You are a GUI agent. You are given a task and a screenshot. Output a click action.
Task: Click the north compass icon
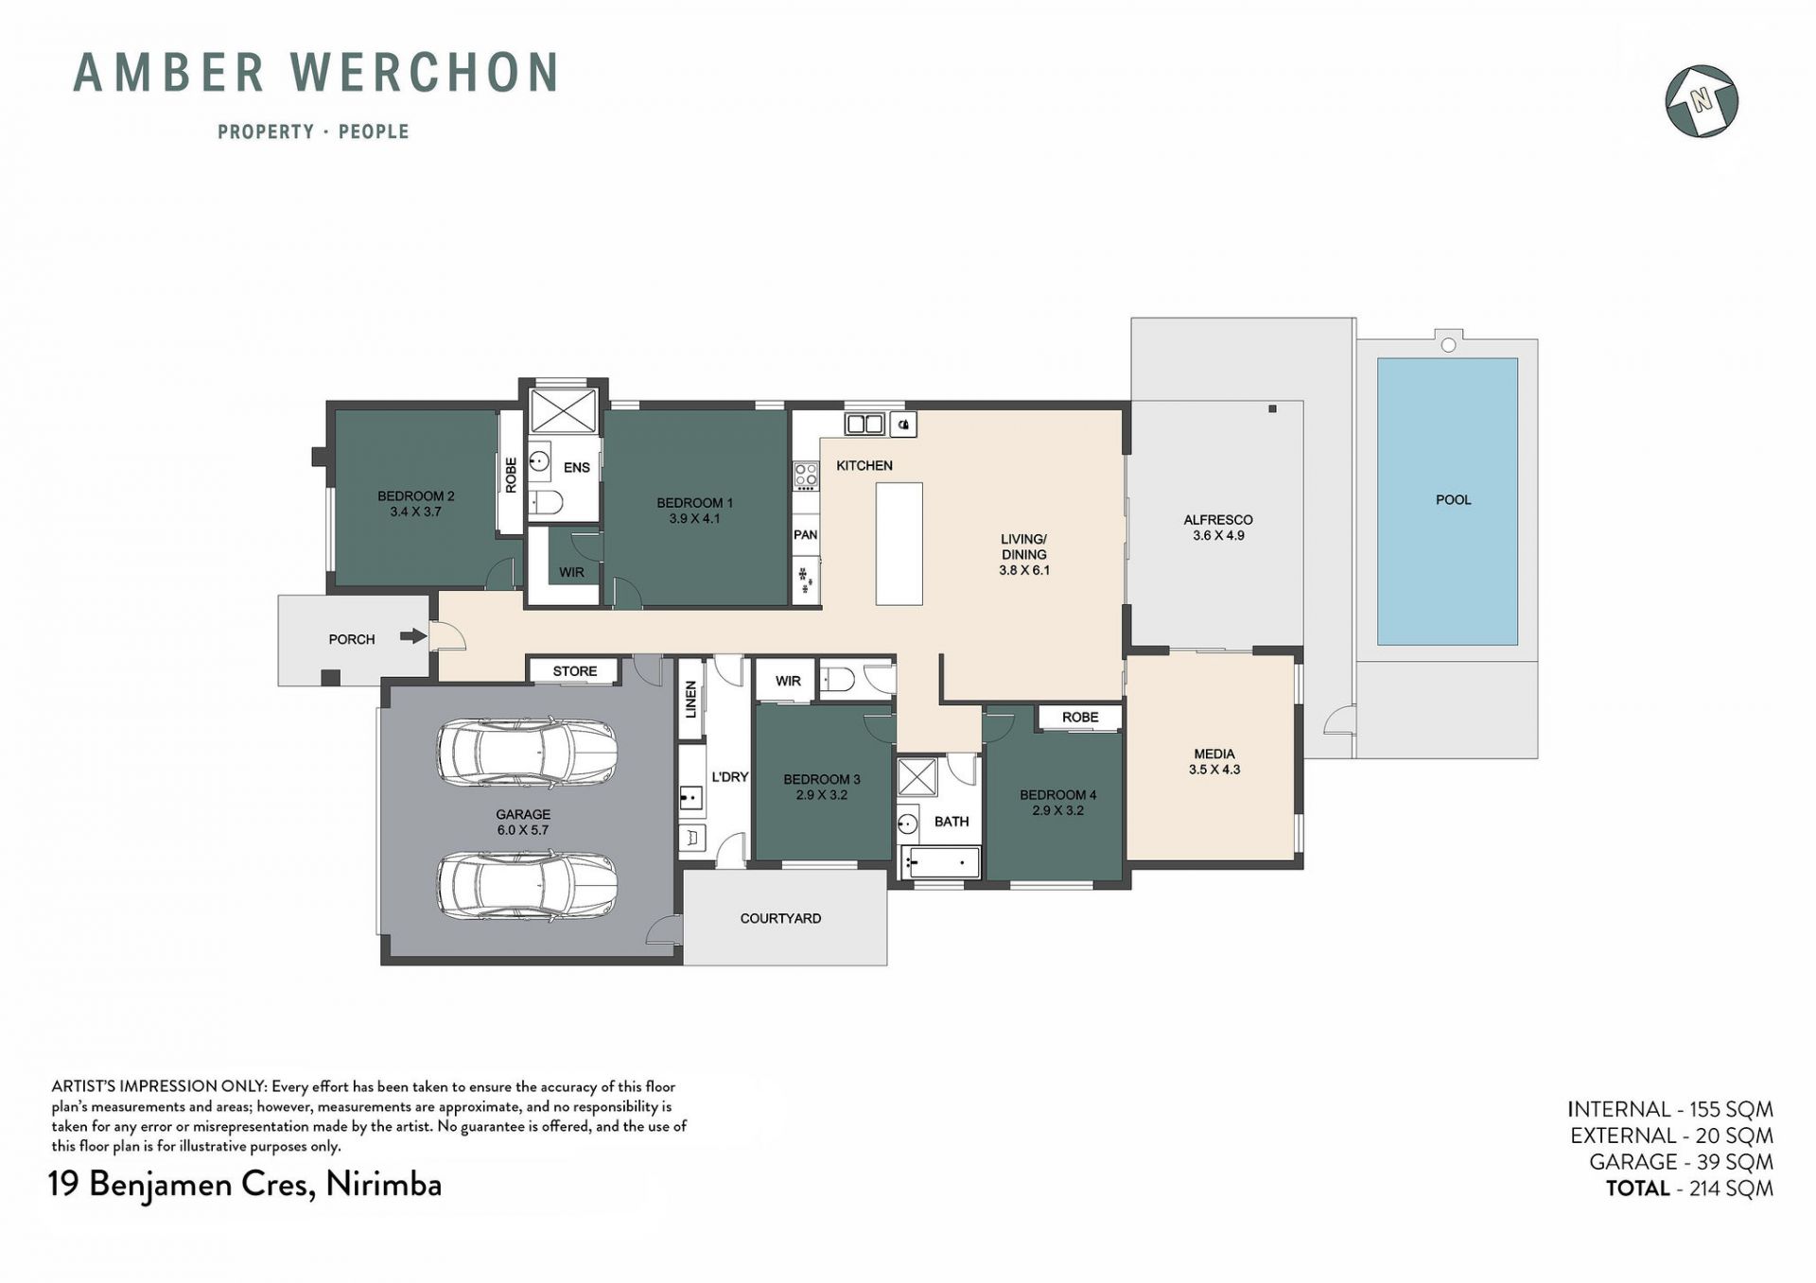tap(1702, 101)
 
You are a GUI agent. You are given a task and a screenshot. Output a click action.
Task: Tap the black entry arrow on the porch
tap(413, 636)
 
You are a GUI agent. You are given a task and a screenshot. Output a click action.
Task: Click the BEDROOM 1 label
tap(694, 511)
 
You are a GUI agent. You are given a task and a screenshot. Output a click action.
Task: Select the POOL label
tap(1453, 499)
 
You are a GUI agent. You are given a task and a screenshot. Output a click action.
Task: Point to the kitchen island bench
tap(899, 544)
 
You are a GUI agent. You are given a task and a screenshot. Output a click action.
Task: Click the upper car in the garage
tap(527, 753)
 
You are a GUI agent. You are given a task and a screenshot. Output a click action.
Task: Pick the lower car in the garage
tap(527, 885)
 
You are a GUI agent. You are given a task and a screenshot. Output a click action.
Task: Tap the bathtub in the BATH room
tap(940, 862)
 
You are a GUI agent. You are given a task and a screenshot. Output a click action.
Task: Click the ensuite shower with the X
tap(563, 411)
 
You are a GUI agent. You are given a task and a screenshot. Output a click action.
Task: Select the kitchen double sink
tap(864, 424)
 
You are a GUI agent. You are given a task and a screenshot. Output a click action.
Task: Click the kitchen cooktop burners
tap(806, 475)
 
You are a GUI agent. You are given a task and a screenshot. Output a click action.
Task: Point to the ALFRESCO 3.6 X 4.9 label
tap(1218, 528)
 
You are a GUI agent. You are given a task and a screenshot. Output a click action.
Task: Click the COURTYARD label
tap(780, 918)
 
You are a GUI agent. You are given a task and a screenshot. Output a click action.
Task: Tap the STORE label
tap(575, 671)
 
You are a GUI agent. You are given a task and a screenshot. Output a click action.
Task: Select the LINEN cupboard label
tap(690, 700)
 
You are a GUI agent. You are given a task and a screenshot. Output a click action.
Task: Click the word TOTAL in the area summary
tap(1637, 1188)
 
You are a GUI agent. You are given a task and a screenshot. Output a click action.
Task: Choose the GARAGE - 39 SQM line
tap(1681, 1162)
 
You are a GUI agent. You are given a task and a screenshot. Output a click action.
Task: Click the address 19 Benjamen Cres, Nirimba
tap(245, 1185)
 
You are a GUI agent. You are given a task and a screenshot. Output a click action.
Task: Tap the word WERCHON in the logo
tap(424, 73)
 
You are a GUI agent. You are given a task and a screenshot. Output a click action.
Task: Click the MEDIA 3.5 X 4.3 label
tap(1214, 762)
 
